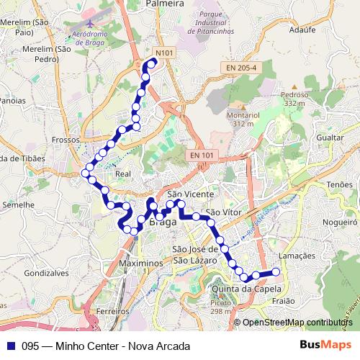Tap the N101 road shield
point(165,53)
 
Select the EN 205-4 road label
point(240,67)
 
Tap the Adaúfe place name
point(303,31)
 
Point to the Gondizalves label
point(46,274)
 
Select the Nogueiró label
point(340,222)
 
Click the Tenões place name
point(339,185)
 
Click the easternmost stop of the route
point(275,271)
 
